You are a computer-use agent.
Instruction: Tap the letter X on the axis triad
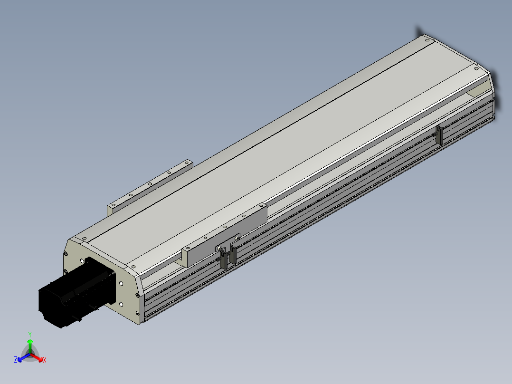point(45,360)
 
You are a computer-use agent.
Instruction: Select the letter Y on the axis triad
point(30,334)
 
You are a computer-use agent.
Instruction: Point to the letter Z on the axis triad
point(16,359)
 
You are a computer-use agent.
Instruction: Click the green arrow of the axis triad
point(30,346)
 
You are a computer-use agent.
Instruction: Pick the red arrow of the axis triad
point(37,357)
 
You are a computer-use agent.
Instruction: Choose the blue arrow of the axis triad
point(24,357)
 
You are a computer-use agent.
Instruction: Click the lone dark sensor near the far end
point(439,135)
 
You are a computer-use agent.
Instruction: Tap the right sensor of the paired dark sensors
point(233,254)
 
